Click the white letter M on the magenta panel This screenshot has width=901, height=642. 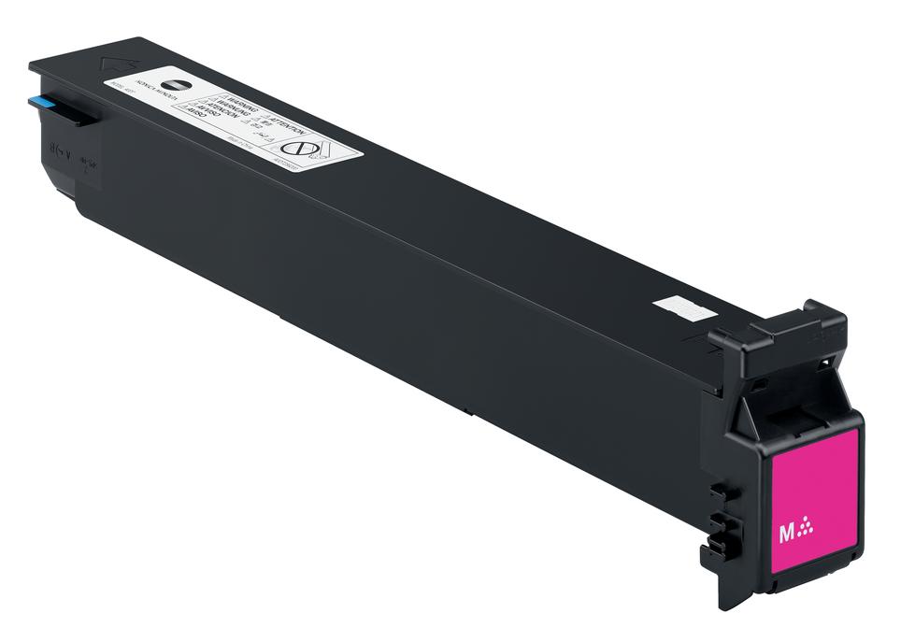tap(787, 533)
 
